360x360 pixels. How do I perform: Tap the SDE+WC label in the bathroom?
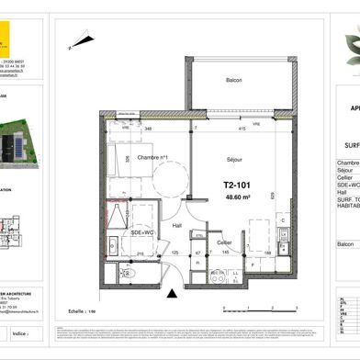pos(129,233)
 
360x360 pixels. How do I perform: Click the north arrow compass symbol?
pos(73,38)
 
